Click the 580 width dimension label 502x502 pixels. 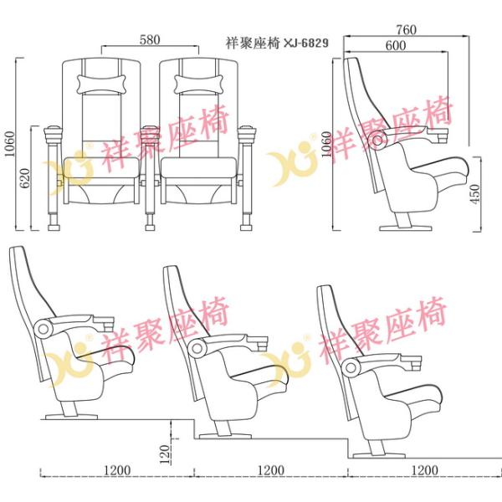150,39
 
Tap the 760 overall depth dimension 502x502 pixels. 407,30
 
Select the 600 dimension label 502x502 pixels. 396,45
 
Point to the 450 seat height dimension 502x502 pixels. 476,194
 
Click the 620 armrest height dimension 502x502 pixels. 24,178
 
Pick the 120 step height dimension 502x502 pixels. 164,454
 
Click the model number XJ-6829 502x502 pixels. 306,43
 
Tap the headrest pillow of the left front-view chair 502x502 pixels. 101,84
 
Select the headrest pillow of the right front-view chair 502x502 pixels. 198,84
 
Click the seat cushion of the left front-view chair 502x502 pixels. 101,167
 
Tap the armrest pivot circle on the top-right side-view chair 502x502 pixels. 377,139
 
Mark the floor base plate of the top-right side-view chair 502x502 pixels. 406,228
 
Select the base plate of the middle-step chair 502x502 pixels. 225,436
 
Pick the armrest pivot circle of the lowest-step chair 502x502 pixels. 351,367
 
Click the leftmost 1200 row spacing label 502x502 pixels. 117,470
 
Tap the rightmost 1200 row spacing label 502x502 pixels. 424,470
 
